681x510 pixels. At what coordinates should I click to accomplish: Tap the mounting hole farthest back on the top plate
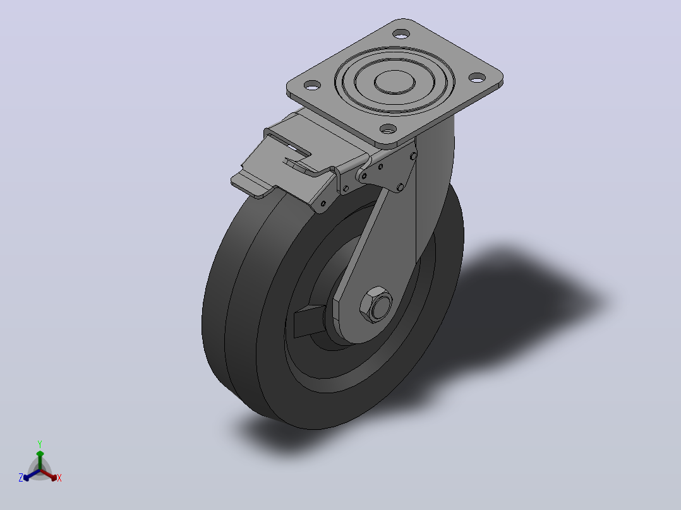click(401, 33)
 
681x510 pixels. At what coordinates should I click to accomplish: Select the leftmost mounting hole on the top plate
click(312, 85)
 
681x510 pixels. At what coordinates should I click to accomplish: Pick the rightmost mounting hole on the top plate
click(477, 78)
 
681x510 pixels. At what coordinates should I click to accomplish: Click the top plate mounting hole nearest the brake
click(389, 129)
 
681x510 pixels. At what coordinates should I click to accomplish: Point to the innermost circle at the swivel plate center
click(395, 82)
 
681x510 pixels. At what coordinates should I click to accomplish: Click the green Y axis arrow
click(40, 460)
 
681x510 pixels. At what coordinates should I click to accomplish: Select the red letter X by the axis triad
click(59, 478)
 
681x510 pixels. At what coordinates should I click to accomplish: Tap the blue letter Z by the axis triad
click(20, 477)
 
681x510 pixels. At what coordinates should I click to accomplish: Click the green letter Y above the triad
click(40, 444)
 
